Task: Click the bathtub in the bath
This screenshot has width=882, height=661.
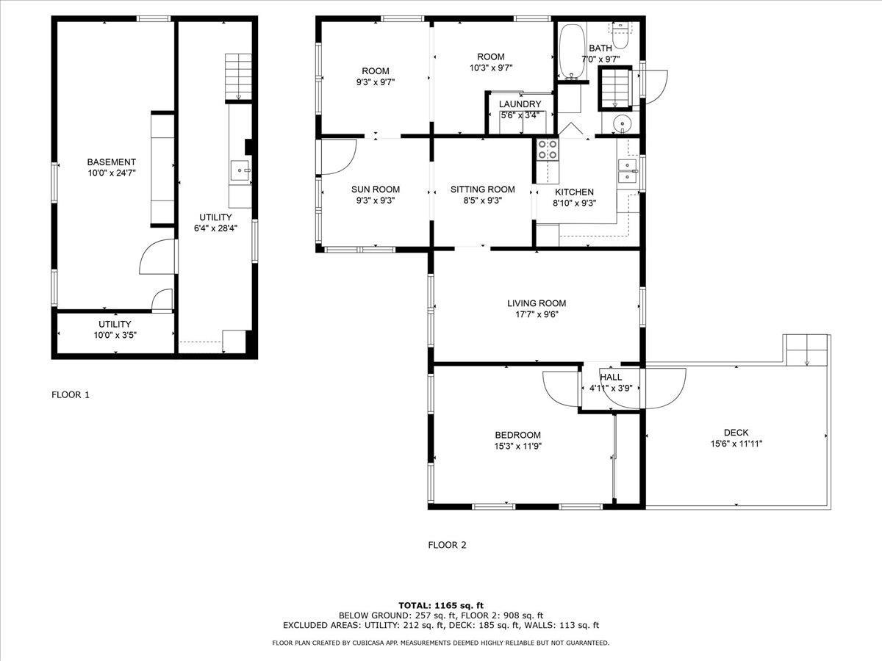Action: pos(571,53)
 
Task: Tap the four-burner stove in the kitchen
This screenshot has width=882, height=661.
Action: pos(547,150)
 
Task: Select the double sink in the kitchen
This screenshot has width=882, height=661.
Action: pos(627,170)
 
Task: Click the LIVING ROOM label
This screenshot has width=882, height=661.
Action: pos(537,303)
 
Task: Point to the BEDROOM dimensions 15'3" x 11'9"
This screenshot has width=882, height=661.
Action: pos(518,446)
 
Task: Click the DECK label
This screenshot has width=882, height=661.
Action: pos(736,433)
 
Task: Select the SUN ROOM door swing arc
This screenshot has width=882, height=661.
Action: pos(337,156)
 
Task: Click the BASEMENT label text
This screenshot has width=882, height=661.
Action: pos(111,162)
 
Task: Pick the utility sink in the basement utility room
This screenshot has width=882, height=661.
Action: pos(240,171)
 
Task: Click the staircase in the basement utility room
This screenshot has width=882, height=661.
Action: pos(238,76)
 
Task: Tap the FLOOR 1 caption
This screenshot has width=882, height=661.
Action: pos(71,394)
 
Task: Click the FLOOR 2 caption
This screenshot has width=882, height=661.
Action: pos(447,545)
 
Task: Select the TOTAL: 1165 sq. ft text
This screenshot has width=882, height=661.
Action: pos(440,604)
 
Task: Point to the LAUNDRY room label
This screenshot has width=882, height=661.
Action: pos(520,104)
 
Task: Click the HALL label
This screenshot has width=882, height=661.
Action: pos(611,377)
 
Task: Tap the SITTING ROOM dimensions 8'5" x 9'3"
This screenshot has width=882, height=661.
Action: pos(482,201)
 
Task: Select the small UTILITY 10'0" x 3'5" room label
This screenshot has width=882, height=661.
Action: pos(115,335)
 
